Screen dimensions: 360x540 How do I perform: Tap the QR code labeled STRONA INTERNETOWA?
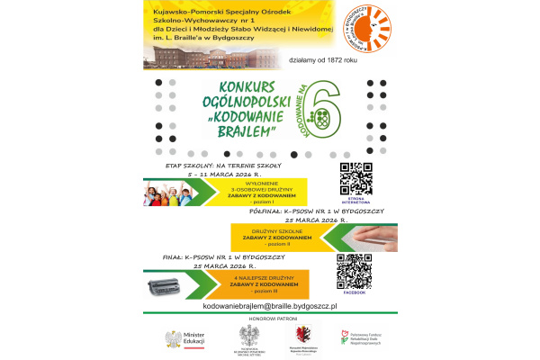pos(355,177)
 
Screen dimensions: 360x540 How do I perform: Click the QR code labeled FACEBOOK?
pos(354,271)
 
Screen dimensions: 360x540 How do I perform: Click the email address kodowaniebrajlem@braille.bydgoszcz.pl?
pos(269,307)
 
